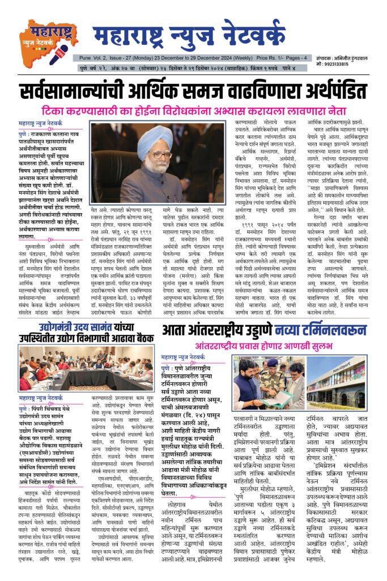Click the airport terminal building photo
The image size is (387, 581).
point(337,382)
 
